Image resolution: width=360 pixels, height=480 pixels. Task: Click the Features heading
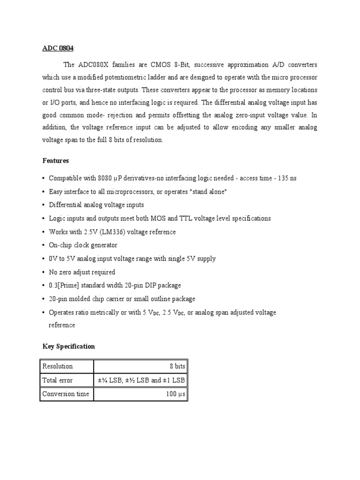coord(56,161)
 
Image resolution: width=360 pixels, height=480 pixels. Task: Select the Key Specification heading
coord(68,346)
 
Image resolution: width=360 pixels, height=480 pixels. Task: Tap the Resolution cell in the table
coord(58,366)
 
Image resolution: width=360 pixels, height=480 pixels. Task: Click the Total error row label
coord(58,380)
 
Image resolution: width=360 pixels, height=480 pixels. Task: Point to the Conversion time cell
coord(66,394)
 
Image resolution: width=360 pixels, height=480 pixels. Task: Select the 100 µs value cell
coord(176,394)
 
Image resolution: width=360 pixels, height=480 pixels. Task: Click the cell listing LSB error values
coord(141,380)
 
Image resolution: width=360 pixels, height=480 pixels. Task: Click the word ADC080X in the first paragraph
coord(97,65)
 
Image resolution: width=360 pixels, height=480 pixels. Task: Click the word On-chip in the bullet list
coord(61,245)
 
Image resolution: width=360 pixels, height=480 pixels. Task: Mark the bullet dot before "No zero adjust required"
coord(44,272)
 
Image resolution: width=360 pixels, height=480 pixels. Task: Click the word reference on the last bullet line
coord(62,325)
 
